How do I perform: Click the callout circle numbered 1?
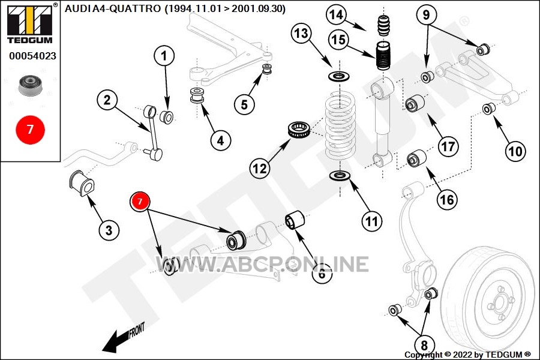[164, 55]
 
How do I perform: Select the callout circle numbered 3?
[109, 230]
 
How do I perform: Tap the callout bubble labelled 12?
[260, 169]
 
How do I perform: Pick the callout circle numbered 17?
[448, 146]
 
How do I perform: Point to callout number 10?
[515, 151]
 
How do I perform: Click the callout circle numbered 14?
[336, 14]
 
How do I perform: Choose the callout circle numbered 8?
[424, 345]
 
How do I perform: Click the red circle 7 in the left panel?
[31, 130]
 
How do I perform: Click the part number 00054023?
[32, 56]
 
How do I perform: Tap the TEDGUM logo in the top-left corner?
[30, 24]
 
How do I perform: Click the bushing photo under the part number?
[31, 85]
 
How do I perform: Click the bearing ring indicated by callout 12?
[299, 130]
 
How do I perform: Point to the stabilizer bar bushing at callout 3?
[82, 183]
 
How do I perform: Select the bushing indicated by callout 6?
[295, 220]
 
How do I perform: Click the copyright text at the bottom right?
[467, 354]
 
